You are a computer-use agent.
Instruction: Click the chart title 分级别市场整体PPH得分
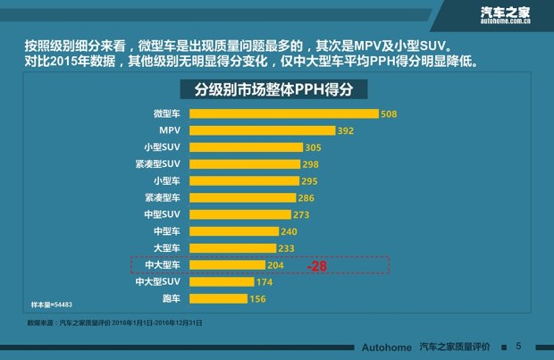276,91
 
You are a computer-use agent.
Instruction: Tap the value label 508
389,114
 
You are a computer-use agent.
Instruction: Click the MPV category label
169,130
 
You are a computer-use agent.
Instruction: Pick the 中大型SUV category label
157,282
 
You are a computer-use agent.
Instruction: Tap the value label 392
347,131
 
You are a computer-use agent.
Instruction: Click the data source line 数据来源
115,322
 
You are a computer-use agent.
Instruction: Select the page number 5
518,346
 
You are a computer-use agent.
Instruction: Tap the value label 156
257,299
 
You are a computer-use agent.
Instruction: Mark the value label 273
302,215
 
